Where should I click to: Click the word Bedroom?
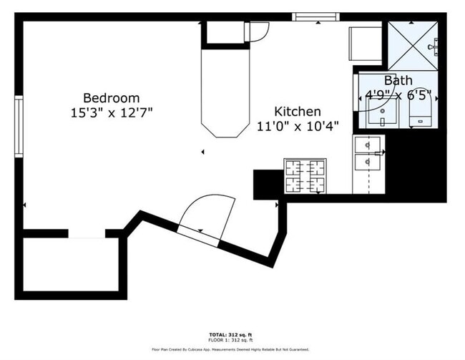[x=111, y=98]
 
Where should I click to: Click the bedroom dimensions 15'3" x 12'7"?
[x=111, y=112]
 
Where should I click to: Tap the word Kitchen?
[x=298, y=112]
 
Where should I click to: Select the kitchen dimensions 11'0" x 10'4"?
[x=298, y=126]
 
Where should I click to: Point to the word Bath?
[x=398, y=80]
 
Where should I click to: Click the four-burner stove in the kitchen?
[x=305, y=176]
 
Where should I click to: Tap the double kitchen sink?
[x=368, y=154]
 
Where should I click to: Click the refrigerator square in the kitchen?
[x=364, y=44]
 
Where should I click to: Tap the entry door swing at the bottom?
[x=209, y=215]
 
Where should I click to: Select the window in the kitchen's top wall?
[x=315, y=17]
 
